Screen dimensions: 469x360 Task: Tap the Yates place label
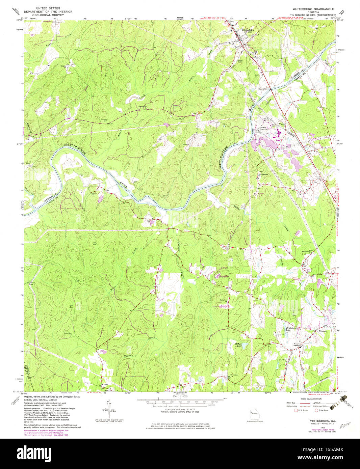[282, 124]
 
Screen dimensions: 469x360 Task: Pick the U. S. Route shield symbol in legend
[296, 411]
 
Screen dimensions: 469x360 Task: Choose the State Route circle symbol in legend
[316, 411]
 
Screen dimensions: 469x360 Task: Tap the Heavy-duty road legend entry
[292, 403]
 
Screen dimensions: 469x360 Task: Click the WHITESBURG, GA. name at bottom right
[320, 421]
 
